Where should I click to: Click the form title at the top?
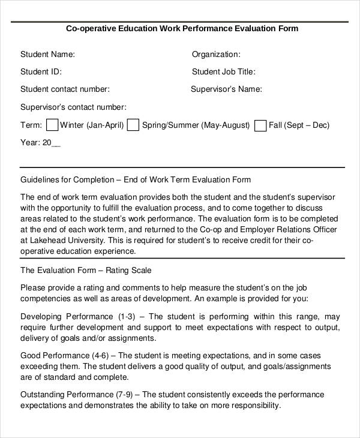[x=181, y=28]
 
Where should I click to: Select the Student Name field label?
[x=47, y=54]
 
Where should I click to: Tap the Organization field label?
[x=216, y=54]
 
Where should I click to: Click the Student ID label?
[x=41, y=72]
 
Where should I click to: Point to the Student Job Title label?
[x=223, y=72]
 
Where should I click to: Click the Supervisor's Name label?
[x=226, y=89]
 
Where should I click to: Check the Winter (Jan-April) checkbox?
[x=52, y=125]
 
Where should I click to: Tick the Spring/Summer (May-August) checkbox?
[x=133, y=125]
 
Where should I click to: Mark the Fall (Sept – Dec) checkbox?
[x=260, y=125]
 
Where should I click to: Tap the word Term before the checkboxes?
[x=31, y=125]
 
